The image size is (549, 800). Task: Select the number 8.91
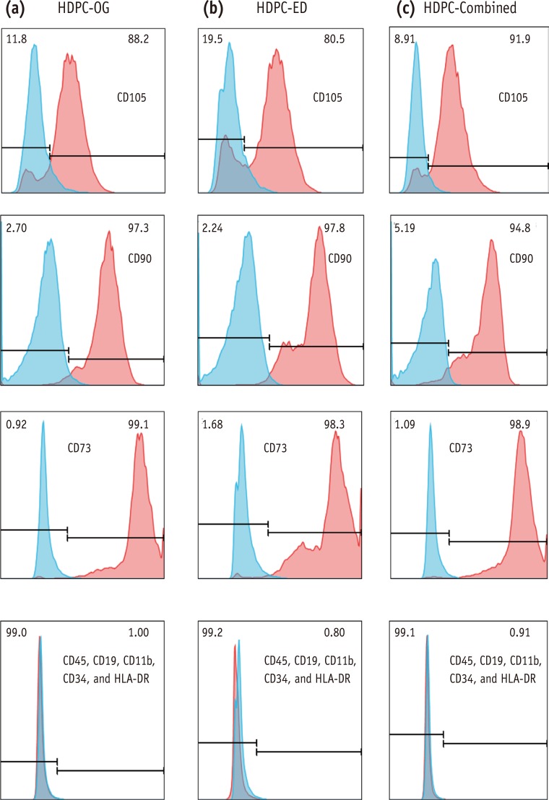click(x=407, y=37)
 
